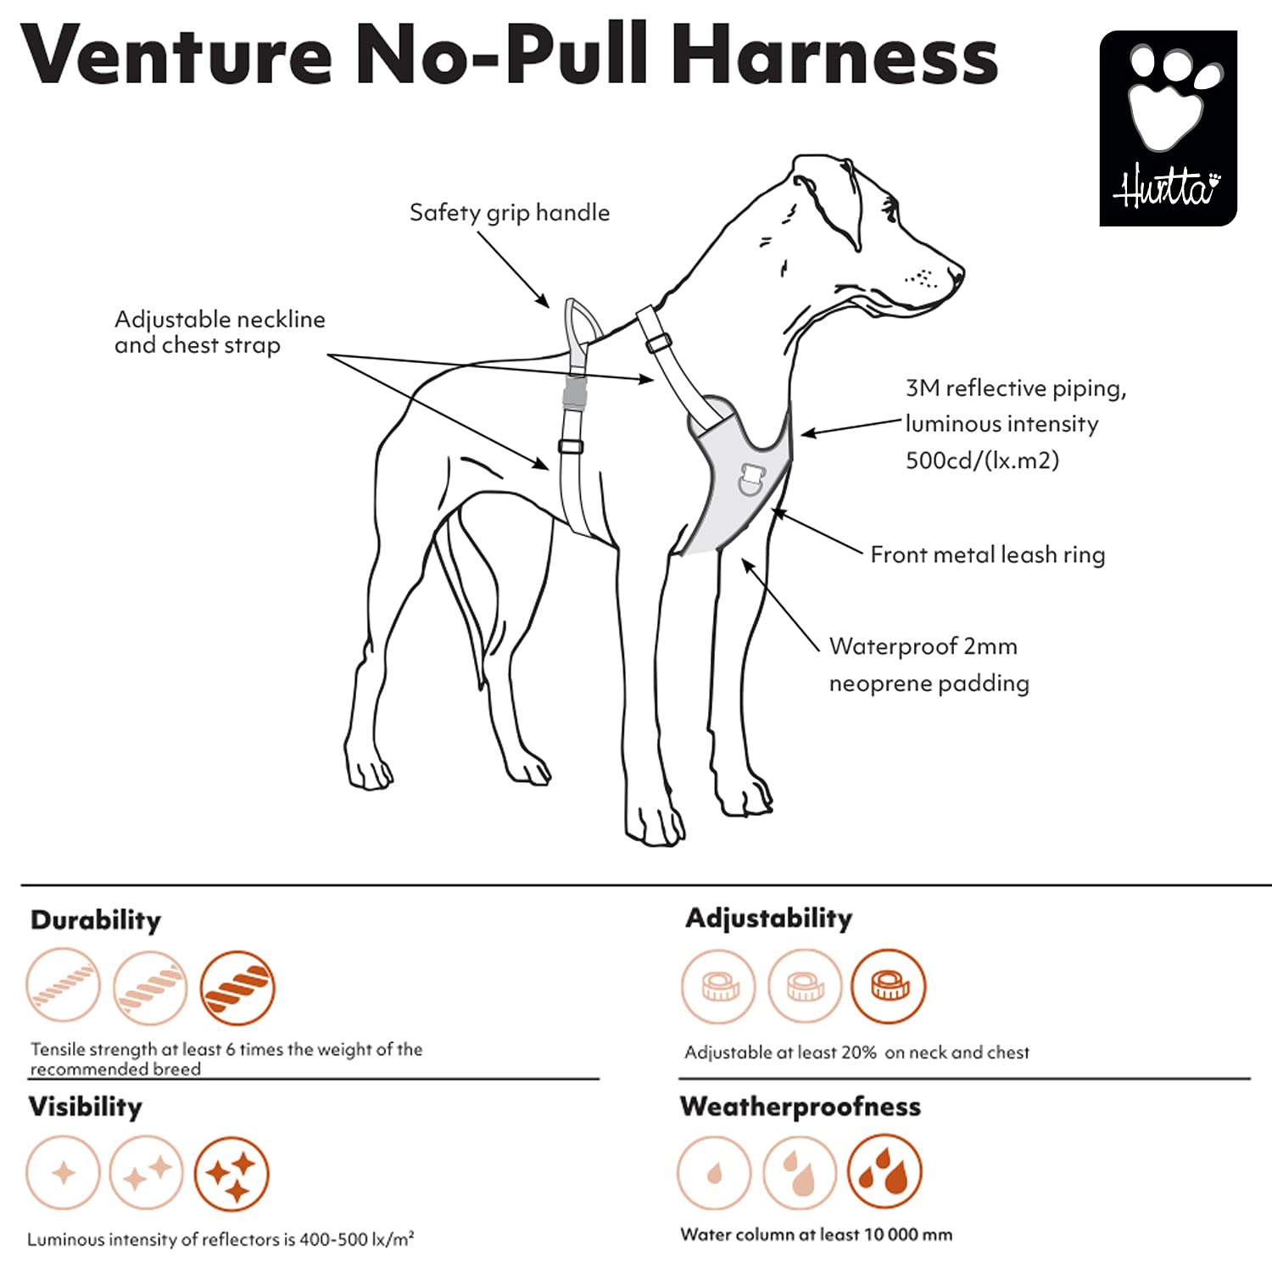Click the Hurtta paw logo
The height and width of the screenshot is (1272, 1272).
click(x=1168, y=128)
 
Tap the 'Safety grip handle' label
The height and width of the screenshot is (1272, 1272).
click(x=509, y=212)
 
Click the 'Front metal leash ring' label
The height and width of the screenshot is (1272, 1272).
click(x=987, y=555)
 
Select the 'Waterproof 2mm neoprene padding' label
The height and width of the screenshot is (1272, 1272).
click(x=929, y=664)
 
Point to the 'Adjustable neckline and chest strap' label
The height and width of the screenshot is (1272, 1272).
click(x=219, y=332)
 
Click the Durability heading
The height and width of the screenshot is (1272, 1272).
click(x=95, y=920)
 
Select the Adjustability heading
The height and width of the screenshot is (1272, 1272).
click(x=768, y=918)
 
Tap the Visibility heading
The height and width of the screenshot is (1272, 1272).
click(x=85, y=1107)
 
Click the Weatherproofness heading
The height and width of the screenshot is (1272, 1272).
click(x=800, y=1107)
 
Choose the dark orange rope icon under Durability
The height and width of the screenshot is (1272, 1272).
click(x=237, y=988)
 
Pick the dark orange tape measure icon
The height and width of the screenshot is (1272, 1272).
click(x=889, y=986)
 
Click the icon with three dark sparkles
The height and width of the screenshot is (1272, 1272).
click(x=232, y=1174)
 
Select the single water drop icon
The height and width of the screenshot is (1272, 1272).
click(x=714, y=1173)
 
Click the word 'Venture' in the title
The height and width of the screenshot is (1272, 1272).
click(x=176, y=55)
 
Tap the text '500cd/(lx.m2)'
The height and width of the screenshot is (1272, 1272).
click(x=982, y=460)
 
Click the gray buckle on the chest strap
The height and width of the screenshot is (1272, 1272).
click(x=575, y=393)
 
